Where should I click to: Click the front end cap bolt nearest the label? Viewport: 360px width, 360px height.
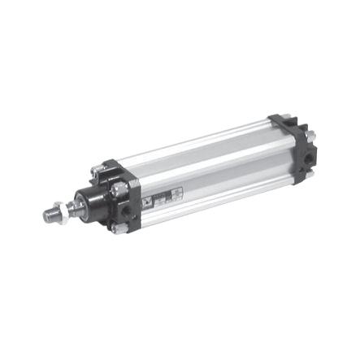(119, 189)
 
